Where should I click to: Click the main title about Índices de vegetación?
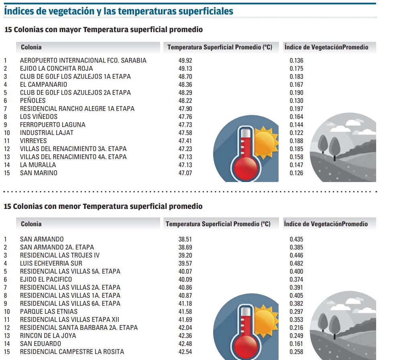[x=118, y=11]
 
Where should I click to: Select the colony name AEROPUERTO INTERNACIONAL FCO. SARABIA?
[x=83, y=61]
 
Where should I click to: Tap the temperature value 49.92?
[x=185, y=61]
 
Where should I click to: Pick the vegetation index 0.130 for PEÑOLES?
[x=296, y=101]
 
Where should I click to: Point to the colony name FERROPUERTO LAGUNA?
[x=53, y=125]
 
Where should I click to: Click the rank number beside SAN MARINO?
[x=6, y=173]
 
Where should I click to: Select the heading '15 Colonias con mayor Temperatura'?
[x=103, y=30]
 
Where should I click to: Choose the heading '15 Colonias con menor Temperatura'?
[x=103, y=207]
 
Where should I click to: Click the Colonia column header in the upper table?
[x=31, y=47]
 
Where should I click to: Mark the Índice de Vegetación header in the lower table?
[x=326, y=224]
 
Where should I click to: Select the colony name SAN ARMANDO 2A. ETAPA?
[x=57, y=247]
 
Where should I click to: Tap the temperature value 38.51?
[x=185, y=239]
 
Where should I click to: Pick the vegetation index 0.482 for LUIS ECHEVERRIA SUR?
[x=296, y=264]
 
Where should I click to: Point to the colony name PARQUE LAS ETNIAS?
[x=49, y=312]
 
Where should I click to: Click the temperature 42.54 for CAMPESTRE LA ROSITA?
[x=185, y=352]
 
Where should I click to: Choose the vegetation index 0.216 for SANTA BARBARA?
[x=296, y=328]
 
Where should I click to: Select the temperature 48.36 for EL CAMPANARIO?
[x=185, y=85]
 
